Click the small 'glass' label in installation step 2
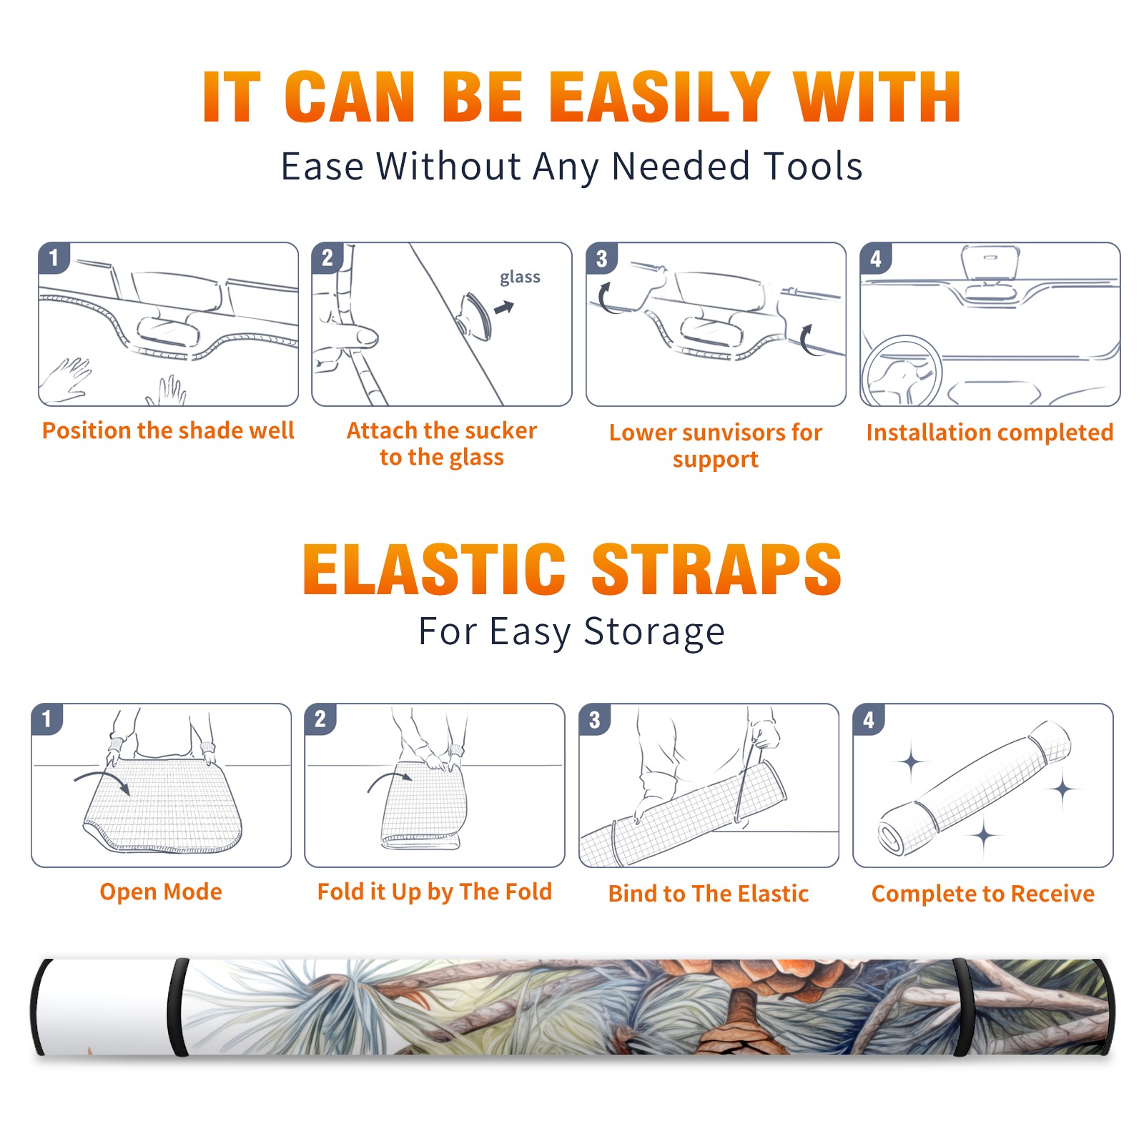click(x=520, y=277)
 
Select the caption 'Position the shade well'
click(x=168, y=430)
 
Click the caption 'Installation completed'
click(x=990, y=433)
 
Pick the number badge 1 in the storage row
click(x=47, y=719)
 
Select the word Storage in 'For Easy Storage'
click(x=654, y=632)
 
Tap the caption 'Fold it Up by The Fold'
click(x=435, y=892)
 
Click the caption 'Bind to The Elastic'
click(x=709, y=894)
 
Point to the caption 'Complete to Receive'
click(x=983, y=894)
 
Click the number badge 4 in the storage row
click(x=869, y=719)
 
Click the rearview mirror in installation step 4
click(x=990, y=263)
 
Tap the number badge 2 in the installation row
click(x=327, y=258)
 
